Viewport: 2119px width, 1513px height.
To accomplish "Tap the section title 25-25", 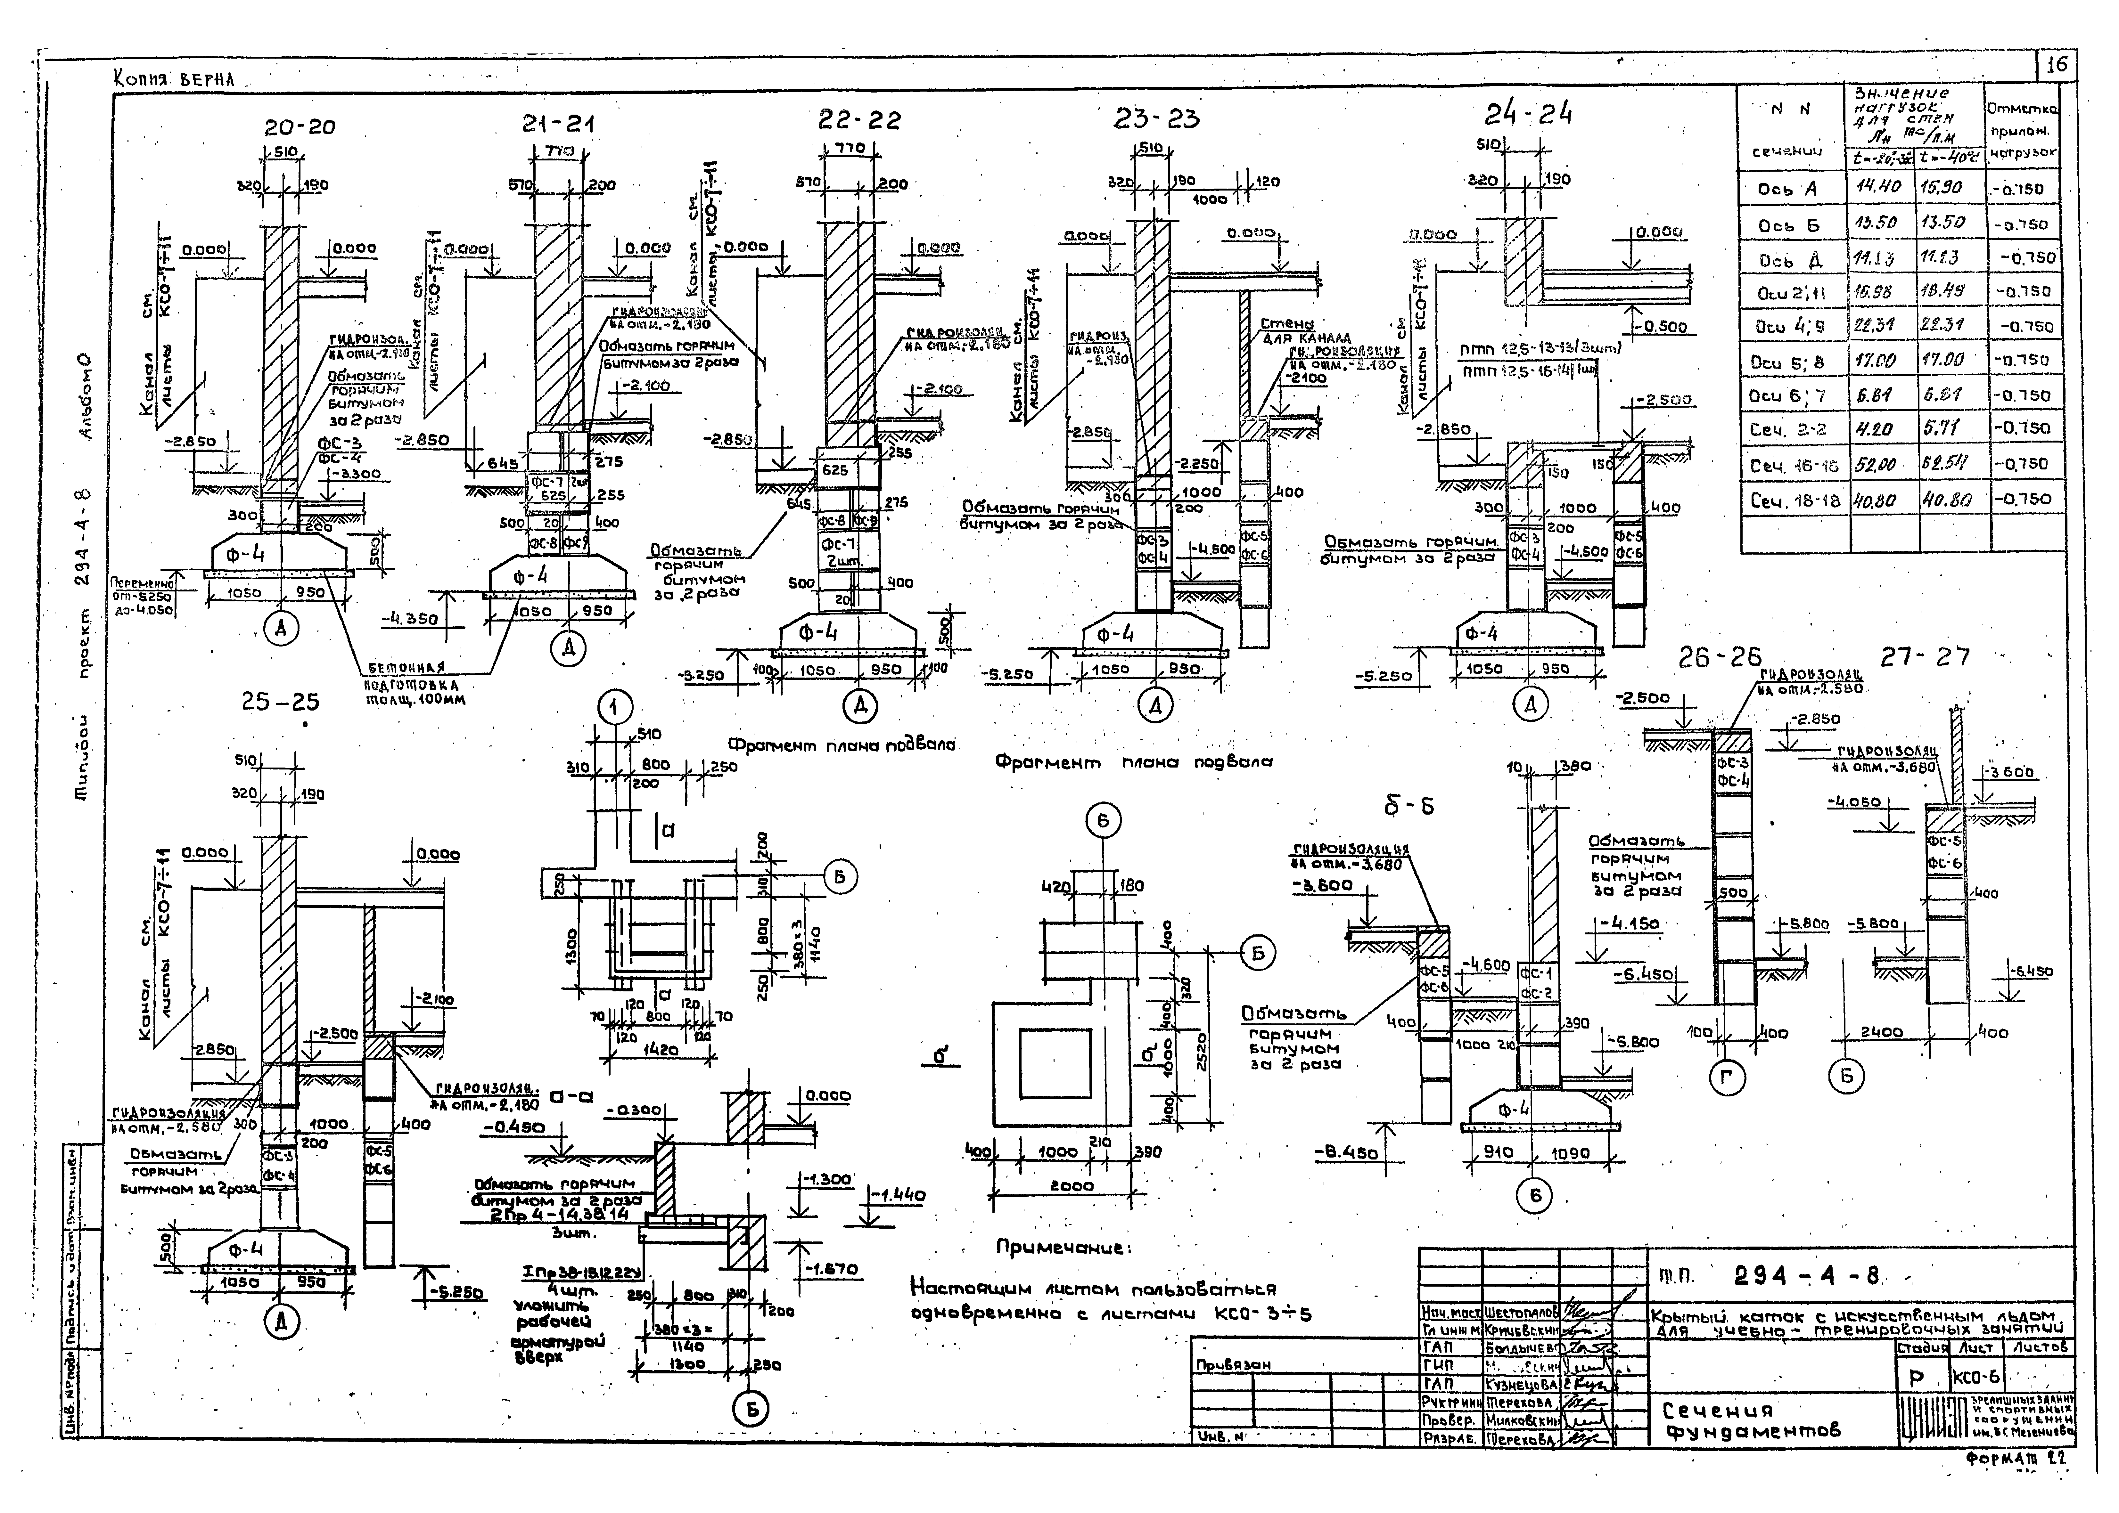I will (280, 702).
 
